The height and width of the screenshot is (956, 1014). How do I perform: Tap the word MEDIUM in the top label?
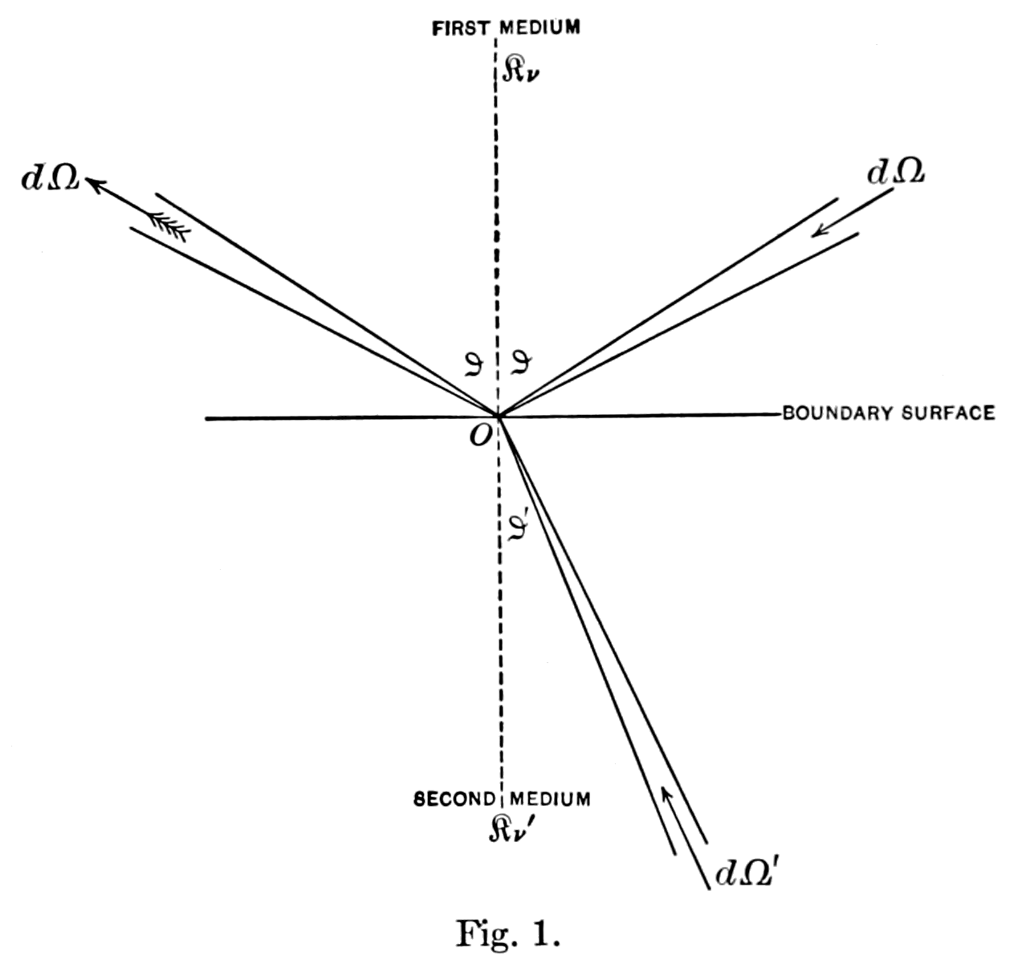pyautogui.click(x=540, y=28)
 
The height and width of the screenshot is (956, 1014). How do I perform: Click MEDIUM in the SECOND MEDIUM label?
pyautogui.click(x=550, y=799)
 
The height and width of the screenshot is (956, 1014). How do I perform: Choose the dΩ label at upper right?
pyautogui.click(x=895, y=172)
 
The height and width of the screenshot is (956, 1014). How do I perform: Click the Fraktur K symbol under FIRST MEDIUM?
pyautogui.click(x=515, y=70)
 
